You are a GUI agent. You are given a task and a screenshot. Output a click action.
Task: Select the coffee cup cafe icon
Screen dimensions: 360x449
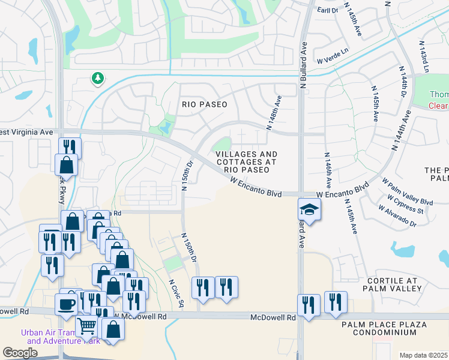66,303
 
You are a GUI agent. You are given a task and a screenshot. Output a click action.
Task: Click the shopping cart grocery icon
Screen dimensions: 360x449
87,326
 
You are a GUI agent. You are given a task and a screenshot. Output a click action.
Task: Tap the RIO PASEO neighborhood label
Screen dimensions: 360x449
205,104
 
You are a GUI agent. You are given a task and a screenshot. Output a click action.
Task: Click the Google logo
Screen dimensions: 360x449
20,353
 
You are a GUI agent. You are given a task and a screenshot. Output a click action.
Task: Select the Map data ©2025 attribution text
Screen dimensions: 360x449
423,355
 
